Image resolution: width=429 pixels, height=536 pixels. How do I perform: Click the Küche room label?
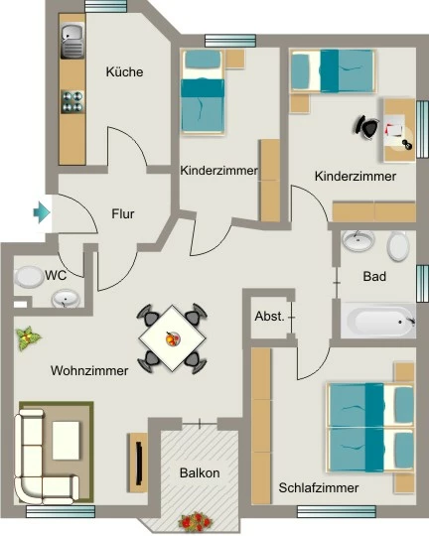124,71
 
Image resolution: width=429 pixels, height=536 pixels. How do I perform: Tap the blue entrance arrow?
42,212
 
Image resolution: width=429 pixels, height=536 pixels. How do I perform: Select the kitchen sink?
72,41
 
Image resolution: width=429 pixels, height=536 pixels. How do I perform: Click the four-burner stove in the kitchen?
72,102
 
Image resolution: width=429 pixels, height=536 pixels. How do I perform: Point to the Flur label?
123,214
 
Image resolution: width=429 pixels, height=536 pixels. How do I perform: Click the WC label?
56,275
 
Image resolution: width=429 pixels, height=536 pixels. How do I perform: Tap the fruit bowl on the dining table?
173,338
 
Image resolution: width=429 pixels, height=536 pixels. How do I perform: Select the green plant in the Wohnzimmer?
28,338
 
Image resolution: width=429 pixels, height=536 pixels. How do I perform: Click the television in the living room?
139,464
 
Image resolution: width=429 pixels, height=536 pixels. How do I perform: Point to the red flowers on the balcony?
196,522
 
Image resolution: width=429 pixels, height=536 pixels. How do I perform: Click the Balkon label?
200,473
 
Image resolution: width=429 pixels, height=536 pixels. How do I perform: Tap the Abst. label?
269,317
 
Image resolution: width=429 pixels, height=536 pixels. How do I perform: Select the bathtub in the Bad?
378,321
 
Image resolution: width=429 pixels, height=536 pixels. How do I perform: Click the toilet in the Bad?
398,246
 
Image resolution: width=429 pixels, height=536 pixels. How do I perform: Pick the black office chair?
366,127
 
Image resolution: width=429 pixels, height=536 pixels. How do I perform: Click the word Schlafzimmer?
319,487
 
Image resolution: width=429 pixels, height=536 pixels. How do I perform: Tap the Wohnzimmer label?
89,370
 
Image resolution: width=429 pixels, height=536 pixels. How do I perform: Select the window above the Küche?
105,6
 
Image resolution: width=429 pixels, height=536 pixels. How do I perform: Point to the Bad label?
374,276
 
